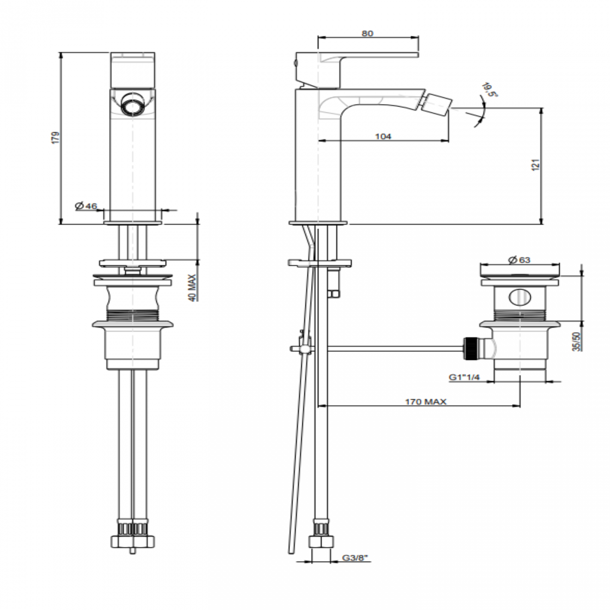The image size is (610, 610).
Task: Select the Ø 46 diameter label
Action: pyautogui.click(x=85, y=206)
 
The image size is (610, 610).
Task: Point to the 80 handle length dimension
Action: pyautogui.click(x=367, y=33)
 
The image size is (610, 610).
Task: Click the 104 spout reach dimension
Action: pyautogui.click(x=383, y=136)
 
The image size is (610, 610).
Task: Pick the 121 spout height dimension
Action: pyautogui.click(x=537, y=165)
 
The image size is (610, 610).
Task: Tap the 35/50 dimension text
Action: pyautogui.click(x=577, y=341)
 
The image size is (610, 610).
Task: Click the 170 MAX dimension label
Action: pyautogui.click(x=425, y=402)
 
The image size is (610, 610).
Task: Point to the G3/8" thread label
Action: pyautogui.click(x=355, y=558)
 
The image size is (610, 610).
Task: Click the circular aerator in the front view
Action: pyautogui.click(x=132, y=104)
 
